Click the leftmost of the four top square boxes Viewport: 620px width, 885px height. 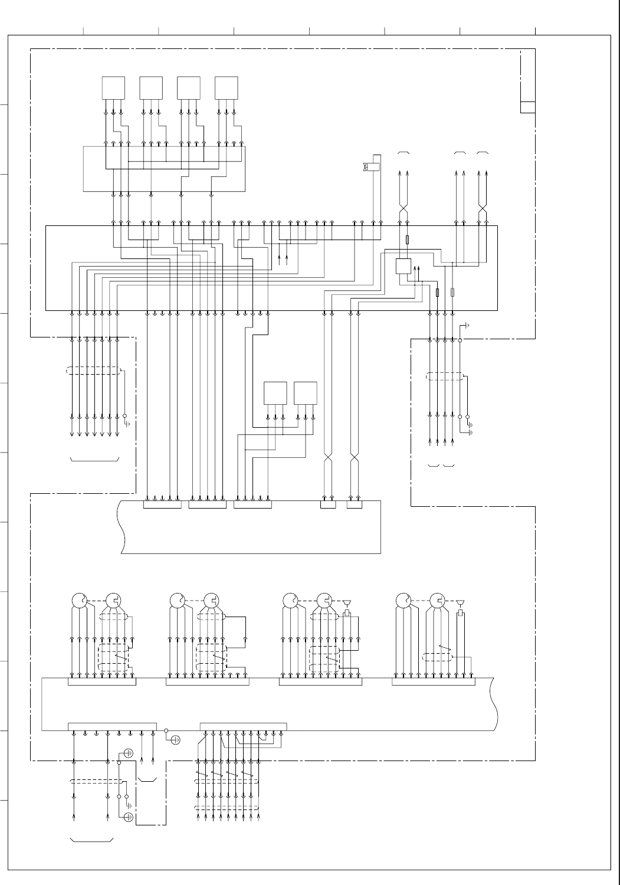click(114, 88)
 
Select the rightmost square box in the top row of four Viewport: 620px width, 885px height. click(227, 88)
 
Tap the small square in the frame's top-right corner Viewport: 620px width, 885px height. click(528, 107)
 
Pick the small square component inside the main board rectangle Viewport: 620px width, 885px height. click(403, 266)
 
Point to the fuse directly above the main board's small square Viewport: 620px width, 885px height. click(408, 240)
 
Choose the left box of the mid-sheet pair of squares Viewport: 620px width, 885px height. click(275, 394)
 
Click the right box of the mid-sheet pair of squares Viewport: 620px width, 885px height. click(306, 394)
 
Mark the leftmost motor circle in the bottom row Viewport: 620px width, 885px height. click(78, 601)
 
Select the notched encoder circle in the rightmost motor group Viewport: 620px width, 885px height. click(437, 601)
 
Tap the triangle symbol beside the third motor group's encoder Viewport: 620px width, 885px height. click(347, 602)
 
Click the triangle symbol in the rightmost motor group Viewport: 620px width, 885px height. click(461, 602)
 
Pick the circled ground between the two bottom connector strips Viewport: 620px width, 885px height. click(175, 739)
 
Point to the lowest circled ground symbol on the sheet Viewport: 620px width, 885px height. click(129, 817)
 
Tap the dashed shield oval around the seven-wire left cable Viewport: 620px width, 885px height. click(94, 371)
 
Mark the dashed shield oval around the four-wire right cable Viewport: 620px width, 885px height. click(445, 376)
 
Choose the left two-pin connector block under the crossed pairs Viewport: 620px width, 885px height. click(328, 504)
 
